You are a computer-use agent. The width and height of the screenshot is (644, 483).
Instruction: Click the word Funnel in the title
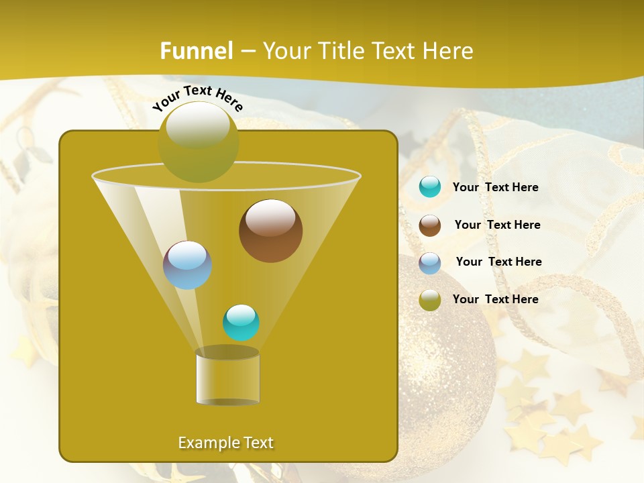pos(197,51)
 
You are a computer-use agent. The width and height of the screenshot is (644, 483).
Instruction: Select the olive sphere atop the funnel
pos(199,142)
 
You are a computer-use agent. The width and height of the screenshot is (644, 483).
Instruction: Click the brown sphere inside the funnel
pos(271,231)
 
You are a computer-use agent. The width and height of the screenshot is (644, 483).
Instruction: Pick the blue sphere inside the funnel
pos(188,265)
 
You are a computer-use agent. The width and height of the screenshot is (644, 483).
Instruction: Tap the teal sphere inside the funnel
pos(241,323)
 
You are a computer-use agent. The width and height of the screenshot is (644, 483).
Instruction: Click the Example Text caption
pos(226,443)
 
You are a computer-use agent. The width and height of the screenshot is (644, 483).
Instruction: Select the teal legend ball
pos(430,187)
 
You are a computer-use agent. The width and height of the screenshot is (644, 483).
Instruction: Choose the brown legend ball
pos(430,225)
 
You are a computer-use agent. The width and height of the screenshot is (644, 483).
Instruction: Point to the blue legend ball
pos(430,263)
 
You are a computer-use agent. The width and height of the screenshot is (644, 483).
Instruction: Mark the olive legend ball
pos(430,300)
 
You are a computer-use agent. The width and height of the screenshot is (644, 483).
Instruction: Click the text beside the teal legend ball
pos(495,187)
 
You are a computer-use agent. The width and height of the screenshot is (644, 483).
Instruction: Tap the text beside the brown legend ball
pos(497,225)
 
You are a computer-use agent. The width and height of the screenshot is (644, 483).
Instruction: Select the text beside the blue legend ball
pos(498,262)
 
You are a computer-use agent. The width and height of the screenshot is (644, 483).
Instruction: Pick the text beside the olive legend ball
pos(495,299)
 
